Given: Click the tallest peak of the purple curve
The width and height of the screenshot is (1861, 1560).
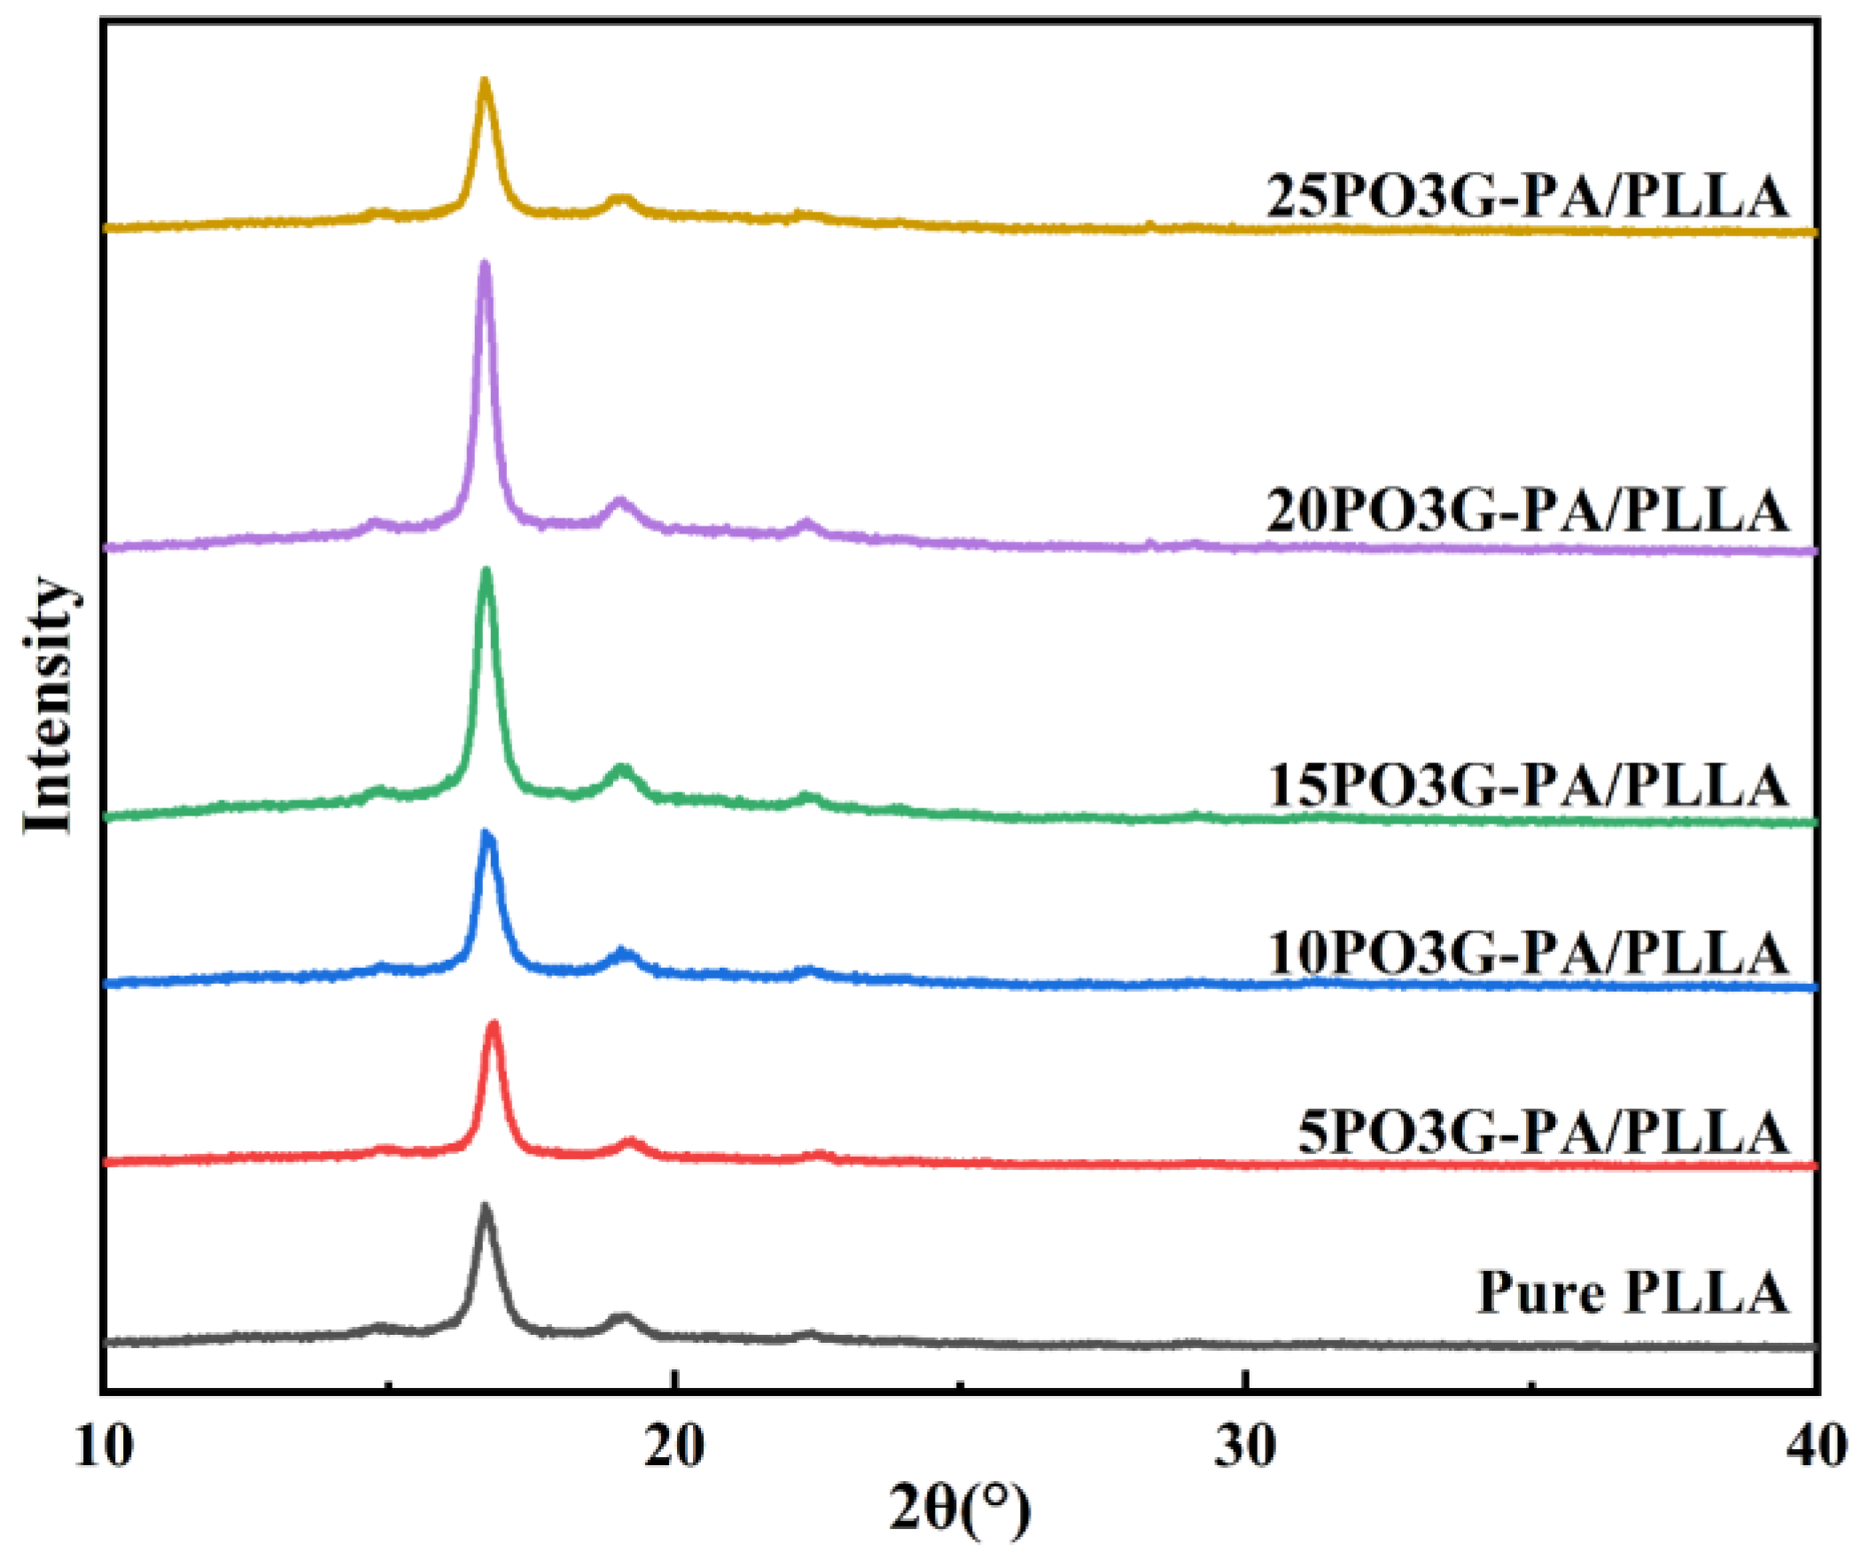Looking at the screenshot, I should [x=484, y=264].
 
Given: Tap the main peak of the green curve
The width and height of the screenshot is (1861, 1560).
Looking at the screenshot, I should [x=486, y=572].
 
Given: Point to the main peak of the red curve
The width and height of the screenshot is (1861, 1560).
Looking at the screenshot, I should [x=494, y=1026].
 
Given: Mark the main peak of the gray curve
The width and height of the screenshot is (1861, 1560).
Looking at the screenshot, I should [x=485, y=1208].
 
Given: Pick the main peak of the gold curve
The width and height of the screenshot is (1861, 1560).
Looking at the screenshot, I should [x=484, y=82].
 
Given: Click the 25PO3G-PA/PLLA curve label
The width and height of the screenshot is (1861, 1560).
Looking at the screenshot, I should [x=1526, y=196].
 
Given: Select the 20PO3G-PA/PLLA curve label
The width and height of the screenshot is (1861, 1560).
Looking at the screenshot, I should [x=1526, y=511].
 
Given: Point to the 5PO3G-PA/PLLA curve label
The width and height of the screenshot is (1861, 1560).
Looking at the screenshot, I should [x=1543, y=1133].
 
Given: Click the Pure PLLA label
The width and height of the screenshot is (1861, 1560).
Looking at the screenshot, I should [x=1632, y=1292].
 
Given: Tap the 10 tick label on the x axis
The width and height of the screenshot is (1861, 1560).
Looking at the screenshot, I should [x=105, y=1446].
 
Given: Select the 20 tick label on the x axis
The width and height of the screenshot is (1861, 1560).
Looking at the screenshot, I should [x=675, y=1446].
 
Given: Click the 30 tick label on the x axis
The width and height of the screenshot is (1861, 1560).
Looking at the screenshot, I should [x=1246, y=1446].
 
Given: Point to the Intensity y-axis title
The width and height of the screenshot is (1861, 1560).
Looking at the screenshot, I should [x=49, y=705].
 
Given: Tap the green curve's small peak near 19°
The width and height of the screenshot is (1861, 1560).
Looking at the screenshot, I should [x=622, y=768].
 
